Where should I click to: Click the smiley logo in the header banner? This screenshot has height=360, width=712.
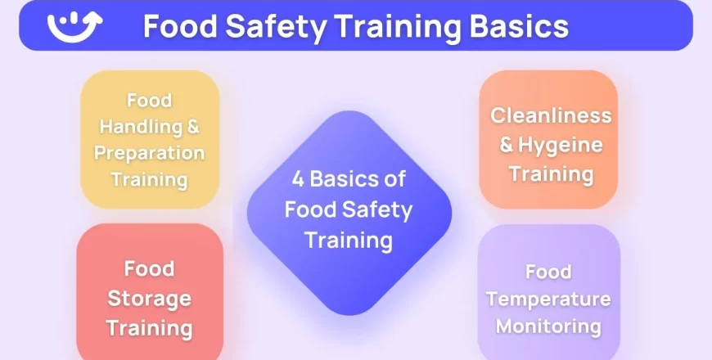click(x=74, y=25)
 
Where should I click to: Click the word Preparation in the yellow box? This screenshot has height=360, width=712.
click(x=150, y=153)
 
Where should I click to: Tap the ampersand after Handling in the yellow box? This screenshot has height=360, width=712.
click(x=194, y=127)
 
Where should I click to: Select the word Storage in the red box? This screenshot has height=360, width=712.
click(x=150, y=299)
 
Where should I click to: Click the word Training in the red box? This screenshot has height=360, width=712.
click(x=150, y=329)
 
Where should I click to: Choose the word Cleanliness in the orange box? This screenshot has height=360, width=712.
click(x=551, y=115)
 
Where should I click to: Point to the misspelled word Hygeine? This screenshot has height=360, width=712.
click(x=562, y=145)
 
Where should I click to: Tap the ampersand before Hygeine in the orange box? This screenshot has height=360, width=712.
click(x=507, y=145)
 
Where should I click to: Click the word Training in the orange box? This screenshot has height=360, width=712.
click(x=551, y=173)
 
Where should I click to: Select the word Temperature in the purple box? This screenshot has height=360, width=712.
click(x=548, y=299)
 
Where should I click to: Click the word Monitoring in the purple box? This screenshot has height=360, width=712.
click(x=548, y=326)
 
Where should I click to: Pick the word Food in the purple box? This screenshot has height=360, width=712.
click(x=548, y=272)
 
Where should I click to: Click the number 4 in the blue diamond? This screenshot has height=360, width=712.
click(x=299, y=178)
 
